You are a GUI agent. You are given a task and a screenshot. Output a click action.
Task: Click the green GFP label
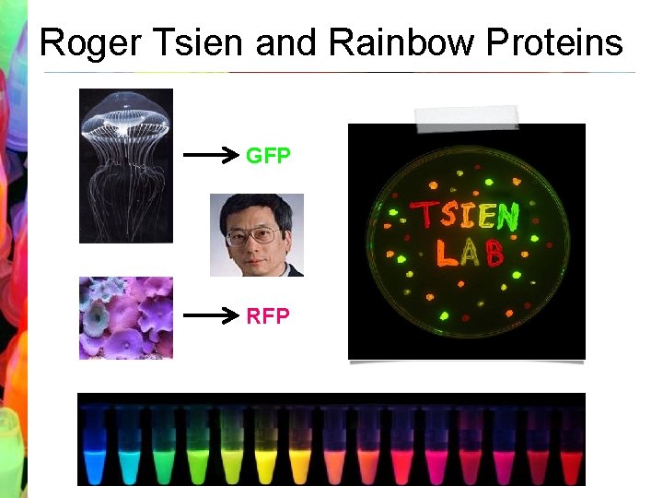click(268, 156)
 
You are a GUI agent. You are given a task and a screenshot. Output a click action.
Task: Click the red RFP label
click(268, 316)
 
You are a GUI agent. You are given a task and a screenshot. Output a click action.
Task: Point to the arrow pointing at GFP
click(211, 156)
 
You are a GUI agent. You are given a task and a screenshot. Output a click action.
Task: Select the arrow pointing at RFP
click(211, 316)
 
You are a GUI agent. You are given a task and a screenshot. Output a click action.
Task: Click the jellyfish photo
click(126, 166)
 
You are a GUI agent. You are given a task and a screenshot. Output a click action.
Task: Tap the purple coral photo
click(126, 318)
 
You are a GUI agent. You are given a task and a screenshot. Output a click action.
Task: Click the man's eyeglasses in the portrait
click(254, 235)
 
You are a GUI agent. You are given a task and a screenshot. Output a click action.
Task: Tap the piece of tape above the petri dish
click(466, 117)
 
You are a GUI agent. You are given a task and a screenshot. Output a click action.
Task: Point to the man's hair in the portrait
click(255, 205)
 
